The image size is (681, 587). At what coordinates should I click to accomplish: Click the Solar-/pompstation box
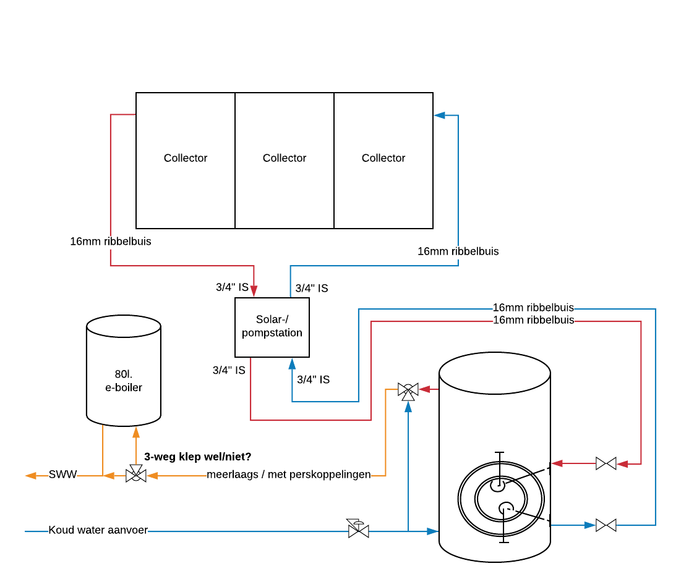click(x=272, y=326)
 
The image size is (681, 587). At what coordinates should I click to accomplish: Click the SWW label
click(x=63, y=475)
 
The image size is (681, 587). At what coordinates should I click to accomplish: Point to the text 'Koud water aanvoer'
click(x=98, y=530)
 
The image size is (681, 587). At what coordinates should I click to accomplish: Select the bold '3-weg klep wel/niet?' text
click(x=198, y=457)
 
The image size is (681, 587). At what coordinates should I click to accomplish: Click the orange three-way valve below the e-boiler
click(x=136, y=475)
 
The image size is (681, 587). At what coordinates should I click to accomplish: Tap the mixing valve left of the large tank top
click(x=408, y=390)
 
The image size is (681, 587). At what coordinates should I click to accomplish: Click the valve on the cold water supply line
click(x=358, y=530)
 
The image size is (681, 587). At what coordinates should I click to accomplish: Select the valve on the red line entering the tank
click(x=606, y=463)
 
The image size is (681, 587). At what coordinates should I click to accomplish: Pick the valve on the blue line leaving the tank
click(x=606, y=525)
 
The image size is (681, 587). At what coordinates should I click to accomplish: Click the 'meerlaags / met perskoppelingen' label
click(x=288, y=475)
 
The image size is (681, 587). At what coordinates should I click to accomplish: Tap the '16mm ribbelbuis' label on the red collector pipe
click(x=111, y=242)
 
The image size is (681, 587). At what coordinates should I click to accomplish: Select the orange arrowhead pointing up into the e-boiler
click(x=136, y=432)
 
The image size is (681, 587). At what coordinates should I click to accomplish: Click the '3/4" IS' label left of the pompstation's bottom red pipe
click(x=229, y=370)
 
